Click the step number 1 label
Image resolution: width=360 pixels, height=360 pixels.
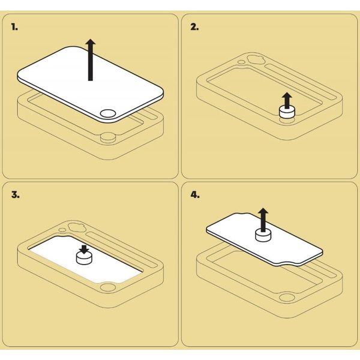14,27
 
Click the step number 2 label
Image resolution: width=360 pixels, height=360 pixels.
194,27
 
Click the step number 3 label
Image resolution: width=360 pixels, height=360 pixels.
16,195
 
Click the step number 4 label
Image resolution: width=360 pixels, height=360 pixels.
195,195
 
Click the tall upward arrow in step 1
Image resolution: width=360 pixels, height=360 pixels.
91,60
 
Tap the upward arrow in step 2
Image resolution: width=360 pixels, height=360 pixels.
287,100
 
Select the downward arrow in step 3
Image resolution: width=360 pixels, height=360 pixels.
84,250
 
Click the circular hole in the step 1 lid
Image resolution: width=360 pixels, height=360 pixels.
108,113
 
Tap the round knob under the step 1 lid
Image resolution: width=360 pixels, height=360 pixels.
108,137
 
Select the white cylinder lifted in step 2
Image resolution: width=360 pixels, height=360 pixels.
287,112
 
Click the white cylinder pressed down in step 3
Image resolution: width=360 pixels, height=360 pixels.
84,258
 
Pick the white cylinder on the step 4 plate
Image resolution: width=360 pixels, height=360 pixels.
263,236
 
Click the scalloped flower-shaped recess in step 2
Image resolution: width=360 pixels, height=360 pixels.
256,59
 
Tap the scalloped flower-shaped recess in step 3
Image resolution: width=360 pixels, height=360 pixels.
76,227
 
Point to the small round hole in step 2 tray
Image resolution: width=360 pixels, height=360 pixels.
241,62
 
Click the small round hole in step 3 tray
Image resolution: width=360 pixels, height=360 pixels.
62,230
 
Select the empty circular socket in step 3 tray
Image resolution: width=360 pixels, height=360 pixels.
108,287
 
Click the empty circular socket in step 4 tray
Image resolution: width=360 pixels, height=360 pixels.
287,298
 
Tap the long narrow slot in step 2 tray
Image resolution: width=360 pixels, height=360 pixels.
301,82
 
